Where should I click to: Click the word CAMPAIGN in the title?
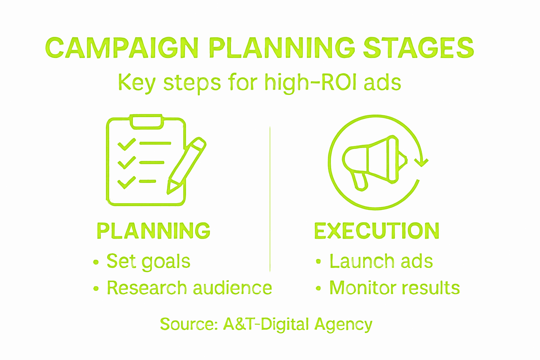click(121, 48)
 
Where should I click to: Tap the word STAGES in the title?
click(418, 48)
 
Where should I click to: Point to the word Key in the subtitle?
click(136, 83)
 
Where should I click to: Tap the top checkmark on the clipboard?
click(126, 144)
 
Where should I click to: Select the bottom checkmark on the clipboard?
click(126, 182)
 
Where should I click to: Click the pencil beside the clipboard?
click(187, 165)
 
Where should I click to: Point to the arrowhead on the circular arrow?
click(421, 162)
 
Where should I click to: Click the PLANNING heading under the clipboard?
click(153, 231)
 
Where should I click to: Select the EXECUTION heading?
click(377, 231)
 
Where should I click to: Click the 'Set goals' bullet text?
click(148, 262)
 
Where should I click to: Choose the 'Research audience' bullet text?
click(189, 288)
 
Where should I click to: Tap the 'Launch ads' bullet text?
click(381, 262)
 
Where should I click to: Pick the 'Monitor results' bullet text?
click(394, 288)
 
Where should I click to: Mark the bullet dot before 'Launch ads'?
click(319, 262)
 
